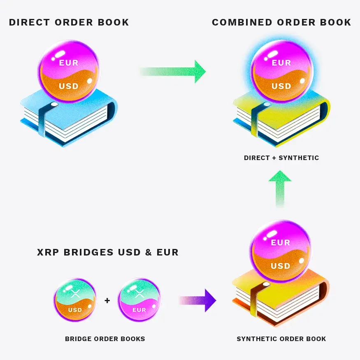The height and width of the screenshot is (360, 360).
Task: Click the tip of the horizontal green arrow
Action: pyautogui.click(x=206, y=72)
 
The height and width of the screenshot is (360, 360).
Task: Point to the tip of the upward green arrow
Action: pyautogui.click(x=280, y=170)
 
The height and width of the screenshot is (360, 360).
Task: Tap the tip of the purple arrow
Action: pyautogui.click(x=216, y=300)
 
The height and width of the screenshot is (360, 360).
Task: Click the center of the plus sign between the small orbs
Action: pyautogui.click(x=107, y=300)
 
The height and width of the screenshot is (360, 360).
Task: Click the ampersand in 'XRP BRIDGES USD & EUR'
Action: pyautogui.click(x=149, y=252)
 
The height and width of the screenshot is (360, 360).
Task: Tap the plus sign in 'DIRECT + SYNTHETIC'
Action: pyautogui.click(x=274, y=158)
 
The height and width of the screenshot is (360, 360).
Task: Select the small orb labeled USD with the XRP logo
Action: pyautogui.click(x=75, y=300)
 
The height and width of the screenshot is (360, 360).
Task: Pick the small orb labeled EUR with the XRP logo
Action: pyautogui.click(x=139, y=300)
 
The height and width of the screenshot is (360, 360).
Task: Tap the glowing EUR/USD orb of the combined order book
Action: pyautogui.click(x=281, y=72)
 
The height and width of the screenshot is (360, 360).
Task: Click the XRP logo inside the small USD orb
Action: pyautogui.click(x=75, y=293)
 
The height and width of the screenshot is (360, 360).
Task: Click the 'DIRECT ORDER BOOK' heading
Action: pyautogui.click(x=69, y=23)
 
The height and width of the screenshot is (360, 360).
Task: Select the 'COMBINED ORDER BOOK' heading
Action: pyautogui.click(x=281, y=23)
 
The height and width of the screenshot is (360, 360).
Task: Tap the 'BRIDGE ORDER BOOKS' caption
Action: pyautogui.click(x=105, y=339)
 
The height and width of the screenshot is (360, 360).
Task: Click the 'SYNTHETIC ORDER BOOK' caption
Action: pyautogui.click(x=281, y=339)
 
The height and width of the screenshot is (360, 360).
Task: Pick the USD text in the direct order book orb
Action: pyautogui.click(x=69, y=86)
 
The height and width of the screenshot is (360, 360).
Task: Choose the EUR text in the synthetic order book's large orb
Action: pyautogui.click(x=280, y=242)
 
